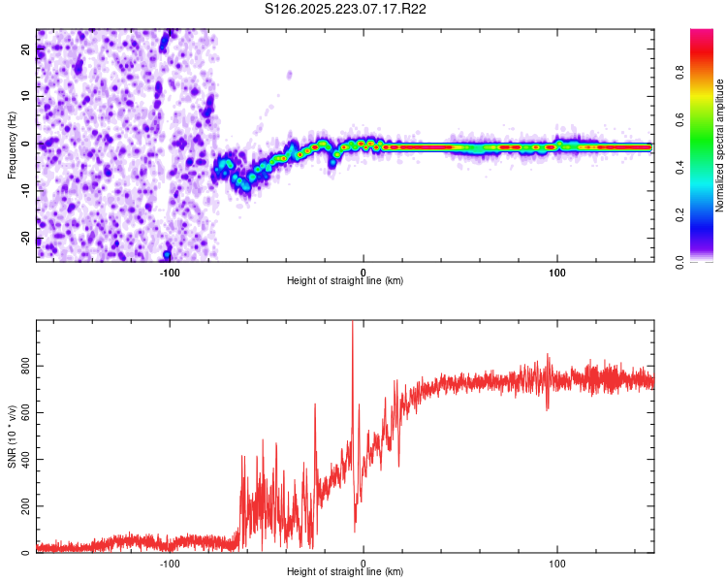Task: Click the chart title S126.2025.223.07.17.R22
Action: tap(346, 10)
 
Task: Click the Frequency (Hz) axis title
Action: tap(13, 145)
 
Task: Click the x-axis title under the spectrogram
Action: tap(345, 281)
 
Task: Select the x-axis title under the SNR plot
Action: tap(345, 572)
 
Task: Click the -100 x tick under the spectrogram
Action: tap(170, 272)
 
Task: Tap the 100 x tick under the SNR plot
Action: tap(557, 563)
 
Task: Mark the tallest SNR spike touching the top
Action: tap(352, 326)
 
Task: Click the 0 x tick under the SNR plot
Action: tap(363, 563)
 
